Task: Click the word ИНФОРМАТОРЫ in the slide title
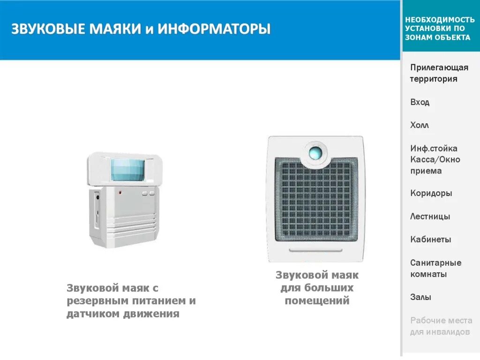tap(214, 29)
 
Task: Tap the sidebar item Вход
tap(420, 102)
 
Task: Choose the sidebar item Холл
tap(420, 125)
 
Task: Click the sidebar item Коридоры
tap(431, 193)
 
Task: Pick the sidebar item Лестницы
tap(430, 217)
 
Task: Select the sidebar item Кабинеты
tap(430, 240)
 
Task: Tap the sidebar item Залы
tap(420, 297)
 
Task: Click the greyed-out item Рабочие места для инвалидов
tap(441, 326)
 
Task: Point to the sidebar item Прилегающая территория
tap(439, 73)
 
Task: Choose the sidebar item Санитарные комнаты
tap(435, 268)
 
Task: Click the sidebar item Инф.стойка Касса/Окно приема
tap(435, 159)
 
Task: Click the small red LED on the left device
tap(120, 192)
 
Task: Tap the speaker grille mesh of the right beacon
tap(315, 202)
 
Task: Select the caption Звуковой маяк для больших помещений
tap(317, 288)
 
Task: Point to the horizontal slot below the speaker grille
tap(315, 250)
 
